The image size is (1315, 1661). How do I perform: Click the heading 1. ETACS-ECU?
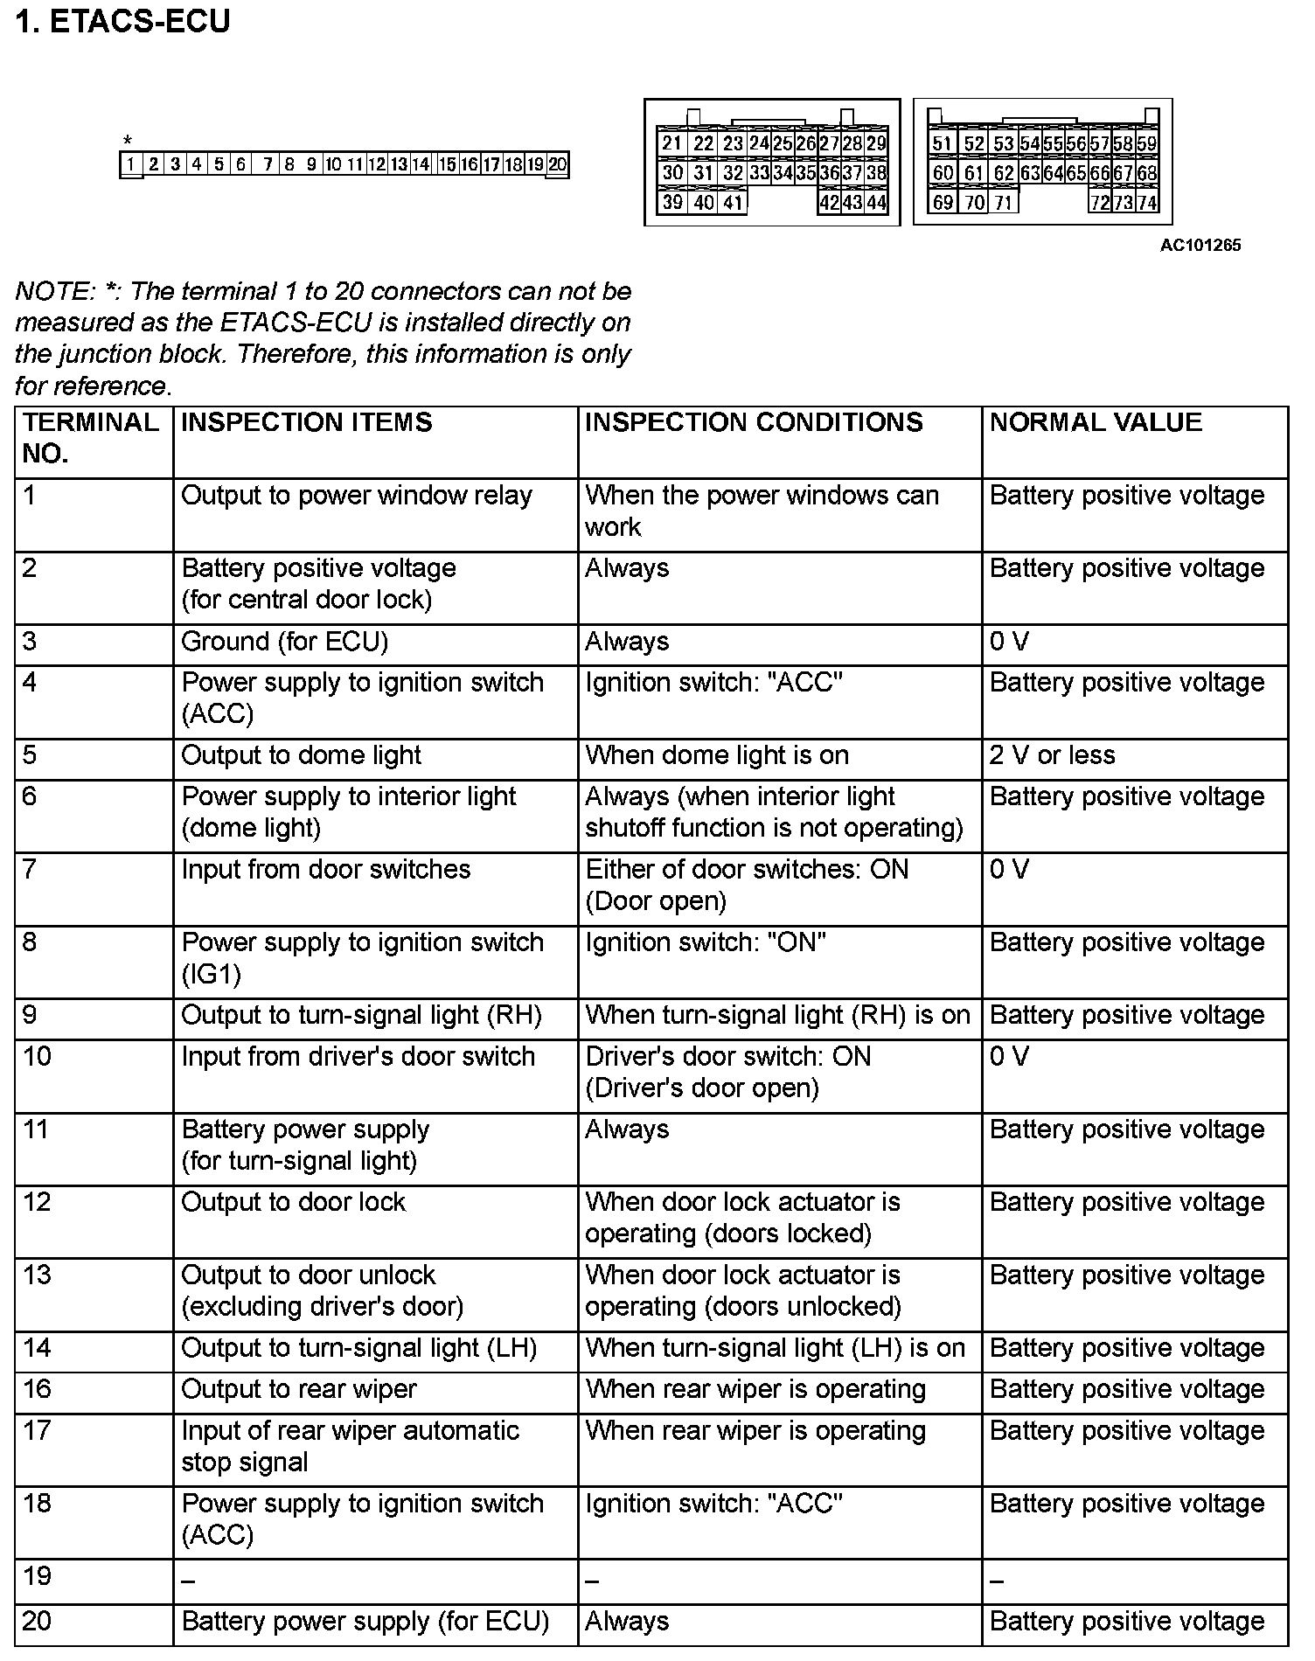[123, 21]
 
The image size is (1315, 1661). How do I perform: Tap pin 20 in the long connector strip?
[557, 164]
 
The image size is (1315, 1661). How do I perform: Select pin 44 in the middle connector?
[876, 203]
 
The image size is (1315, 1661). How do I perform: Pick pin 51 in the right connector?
[942, 144]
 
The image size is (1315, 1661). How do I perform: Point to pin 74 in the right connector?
[1147, 203]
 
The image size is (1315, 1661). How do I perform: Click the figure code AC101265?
[1200, 246]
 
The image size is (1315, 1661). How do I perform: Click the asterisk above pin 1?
[128, 141]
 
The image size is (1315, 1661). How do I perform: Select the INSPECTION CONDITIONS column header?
[754, 423]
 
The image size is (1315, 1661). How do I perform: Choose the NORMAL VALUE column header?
[1096, 423]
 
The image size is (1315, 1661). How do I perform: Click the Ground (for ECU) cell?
[284, 642]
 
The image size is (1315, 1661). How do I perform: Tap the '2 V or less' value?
[1052, 755]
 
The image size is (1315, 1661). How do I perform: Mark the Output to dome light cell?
[301, 755]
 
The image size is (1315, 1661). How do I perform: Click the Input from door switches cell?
[325, 870]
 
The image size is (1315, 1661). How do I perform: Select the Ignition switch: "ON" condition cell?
[706, 942]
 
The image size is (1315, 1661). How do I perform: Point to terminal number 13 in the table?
[38, 1275]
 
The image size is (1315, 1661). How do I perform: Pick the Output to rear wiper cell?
[298, 1389]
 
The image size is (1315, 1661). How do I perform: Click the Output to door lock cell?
[293, 1202]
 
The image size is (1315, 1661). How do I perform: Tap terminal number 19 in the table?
[38, 1576]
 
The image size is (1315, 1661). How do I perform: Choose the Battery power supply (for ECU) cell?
[365, 1622]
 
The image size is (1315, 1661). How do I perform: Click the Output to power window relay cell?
[356, 496]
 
